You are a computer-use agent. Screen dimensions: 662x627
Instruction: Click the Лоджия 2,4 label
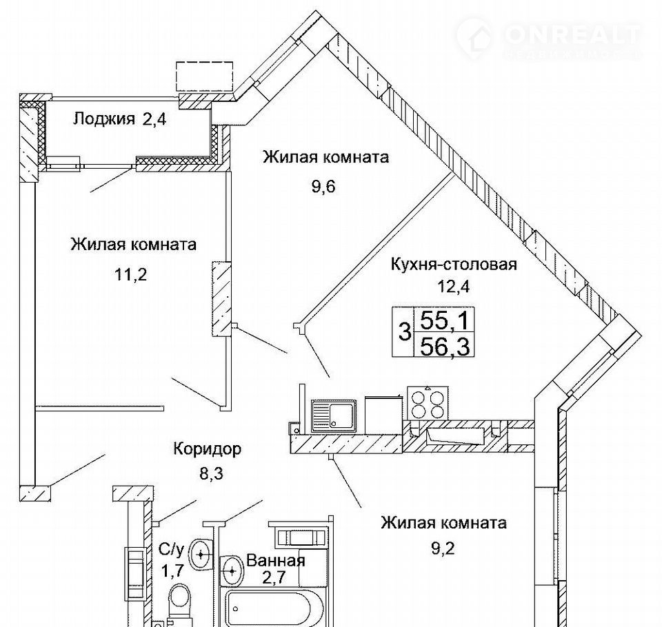(120, 119)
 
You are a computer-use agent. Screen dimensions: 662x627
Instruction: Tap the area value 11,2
(130, 275)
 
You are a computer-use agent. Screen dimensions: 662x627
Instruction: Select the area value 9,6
(323, 186)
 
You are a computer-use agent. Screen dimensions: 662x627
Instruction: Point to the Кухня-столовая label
(454, 265)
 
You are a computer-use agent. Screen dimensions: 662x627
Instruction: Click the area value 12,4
(454, 287)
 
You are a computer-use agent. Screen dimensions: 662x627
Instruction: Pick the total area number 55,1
(445, 320)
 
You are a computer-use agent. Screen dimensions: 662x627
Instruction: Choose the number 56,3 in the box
(445, 347)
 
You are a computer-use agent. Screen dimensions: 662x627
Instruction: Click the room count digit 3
(405, 331)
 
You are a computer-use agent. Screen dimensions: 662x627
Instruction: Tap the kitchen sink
(332, 416)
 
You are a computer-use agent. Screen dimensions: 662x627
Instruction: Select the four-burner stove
(428, 404)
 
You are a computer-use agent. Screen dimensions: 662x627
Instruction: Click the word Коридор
(208, 448)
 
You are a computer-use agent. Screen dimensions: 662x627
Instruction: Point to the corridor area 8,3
(211, 473)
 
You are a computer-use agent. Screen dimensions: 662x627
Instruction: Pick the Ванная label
(276, 560)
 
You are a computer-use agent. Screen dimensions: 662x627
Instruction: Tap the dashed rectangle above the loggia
(204, 76)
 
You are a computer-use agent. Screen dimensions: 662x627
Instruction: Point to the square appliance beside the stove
(383, 414)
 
